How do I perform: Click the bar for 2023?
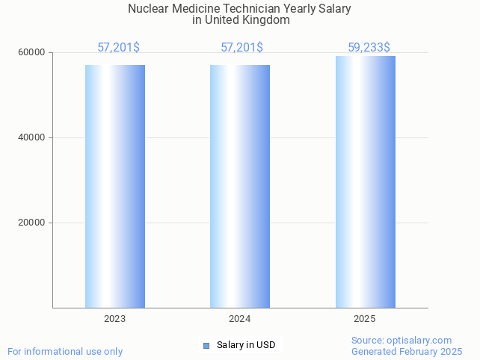coord(114,186)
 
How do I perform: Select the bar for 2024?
coord(239,186)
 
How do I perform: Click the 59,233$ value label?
coord(369,48)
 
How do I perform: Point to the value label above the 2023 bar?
coord(118,48)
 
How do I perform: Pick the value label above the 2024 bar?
coord(241,48)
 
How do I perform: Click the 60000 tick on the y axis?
coord(31,53)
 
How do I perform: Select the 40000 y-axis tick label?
coord(31,138)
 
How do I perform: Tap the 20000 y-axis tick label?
coord(31,223)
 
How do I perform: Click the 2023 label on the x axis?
coord(114,319)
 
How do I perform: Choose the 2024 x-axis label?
coord(239,319)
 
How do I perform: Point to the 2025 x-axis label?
coord(365,319)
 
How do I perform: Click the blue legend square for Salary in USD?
coord(206,345)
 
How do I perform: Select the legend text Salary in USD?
coord(246,345)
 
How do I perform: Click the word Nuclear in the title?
coord(148,9)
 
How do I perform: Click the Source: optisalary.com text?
coord(401,340)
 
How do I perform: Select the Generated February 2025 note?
coord(407,351)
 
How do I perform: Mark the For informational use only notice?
coord(65,351)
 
